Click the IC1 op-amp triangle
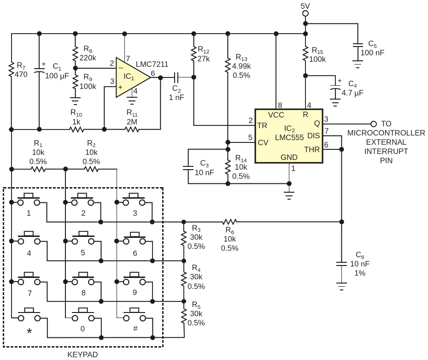click(130, 77)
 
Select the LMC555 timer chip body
click(289, 136)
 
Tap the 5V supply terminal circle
click(305, 13)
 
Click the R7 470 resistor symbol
click(12, 70)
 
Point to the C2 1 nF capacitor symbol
click(176, 77)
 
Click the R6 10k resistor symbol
click(229, 222)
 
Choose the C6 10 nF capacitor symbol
click(341, 264)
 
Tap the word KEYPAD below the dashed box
click(82, 354)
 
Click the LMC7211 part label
click(152, 64)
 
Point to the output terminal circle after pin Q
click(374, 124)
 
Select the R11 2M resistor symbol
click(132, 129)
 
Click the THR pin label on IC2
click(312, 149)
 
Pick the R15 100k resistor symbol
click(306, 55)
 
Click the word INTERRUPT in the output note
click(386, 151)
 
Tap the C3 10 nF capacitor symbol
click(188, 168)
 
